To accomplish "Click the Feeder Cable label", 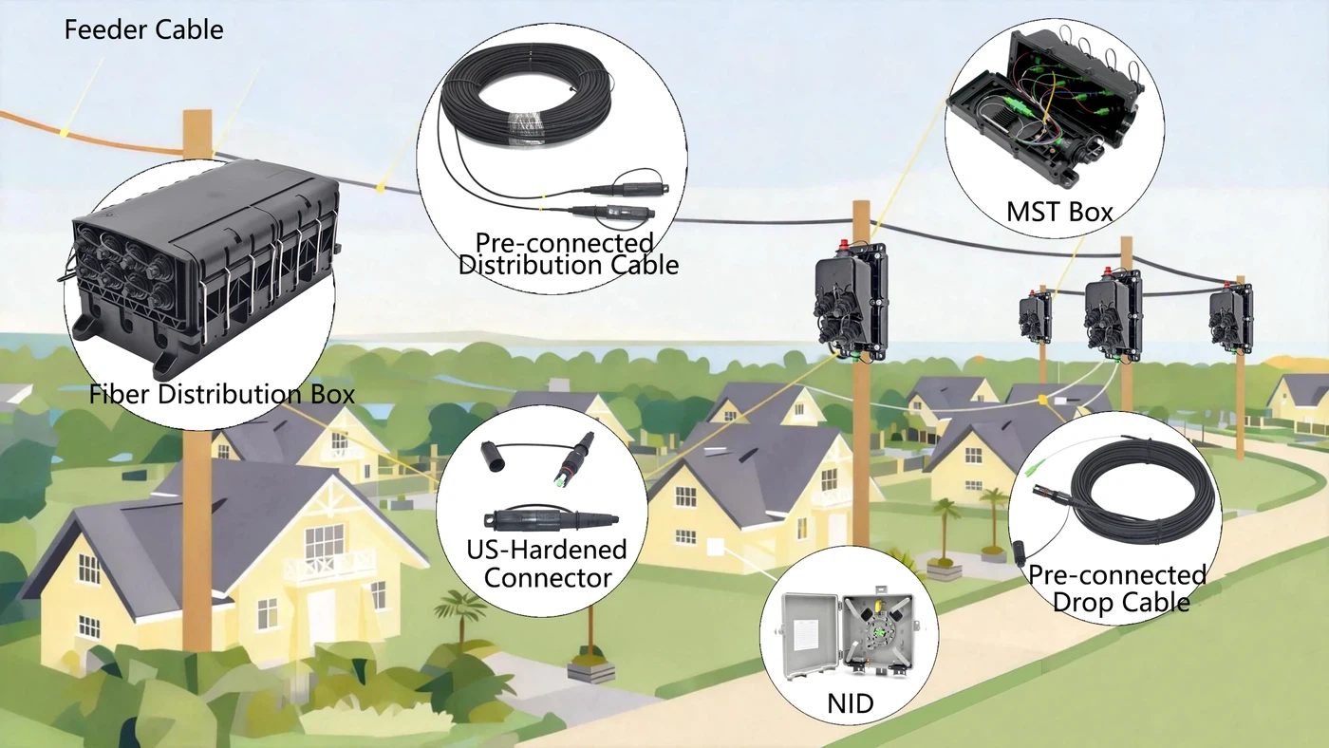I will click(x=143, y=29).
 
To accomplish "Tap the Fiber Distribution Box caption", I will click(x=222, y=394).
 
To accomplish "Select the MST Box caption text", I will click(x=1059, y=212).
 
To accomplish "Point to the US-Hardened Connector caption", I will click(x=548, y=564).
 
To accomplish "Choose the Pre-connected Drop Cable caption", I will click(x=1117, y=588).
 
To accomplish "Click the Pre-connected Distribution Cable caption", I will click(x=569, y=253).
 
